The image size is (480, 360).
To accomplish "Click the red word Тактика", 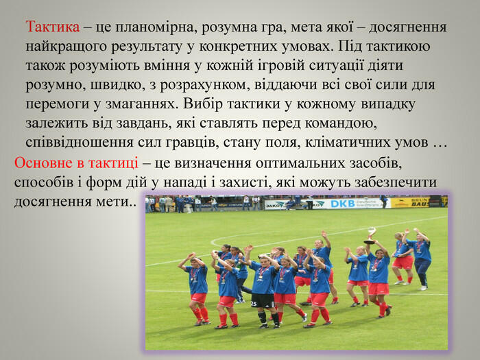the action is click(x=53, y=27).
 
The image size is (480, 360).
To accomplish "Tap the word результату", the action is click(x=152, y=47).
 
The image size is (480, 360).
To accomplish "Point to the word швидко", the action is click(x=117, y=85).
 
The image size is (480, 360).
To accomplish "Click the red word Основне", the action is click(x=43, y=163).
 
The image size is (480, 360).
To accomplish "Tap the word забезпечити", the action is click(x=396, y=182).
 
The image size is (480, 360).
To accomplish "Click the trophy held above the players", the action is click(x=370, y=235).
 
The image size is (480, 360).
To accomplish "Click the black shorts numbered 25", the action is click(x=263, y=300).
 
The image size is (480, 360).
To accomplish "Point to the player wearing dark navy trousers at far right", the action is click(x=422, y=259).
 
